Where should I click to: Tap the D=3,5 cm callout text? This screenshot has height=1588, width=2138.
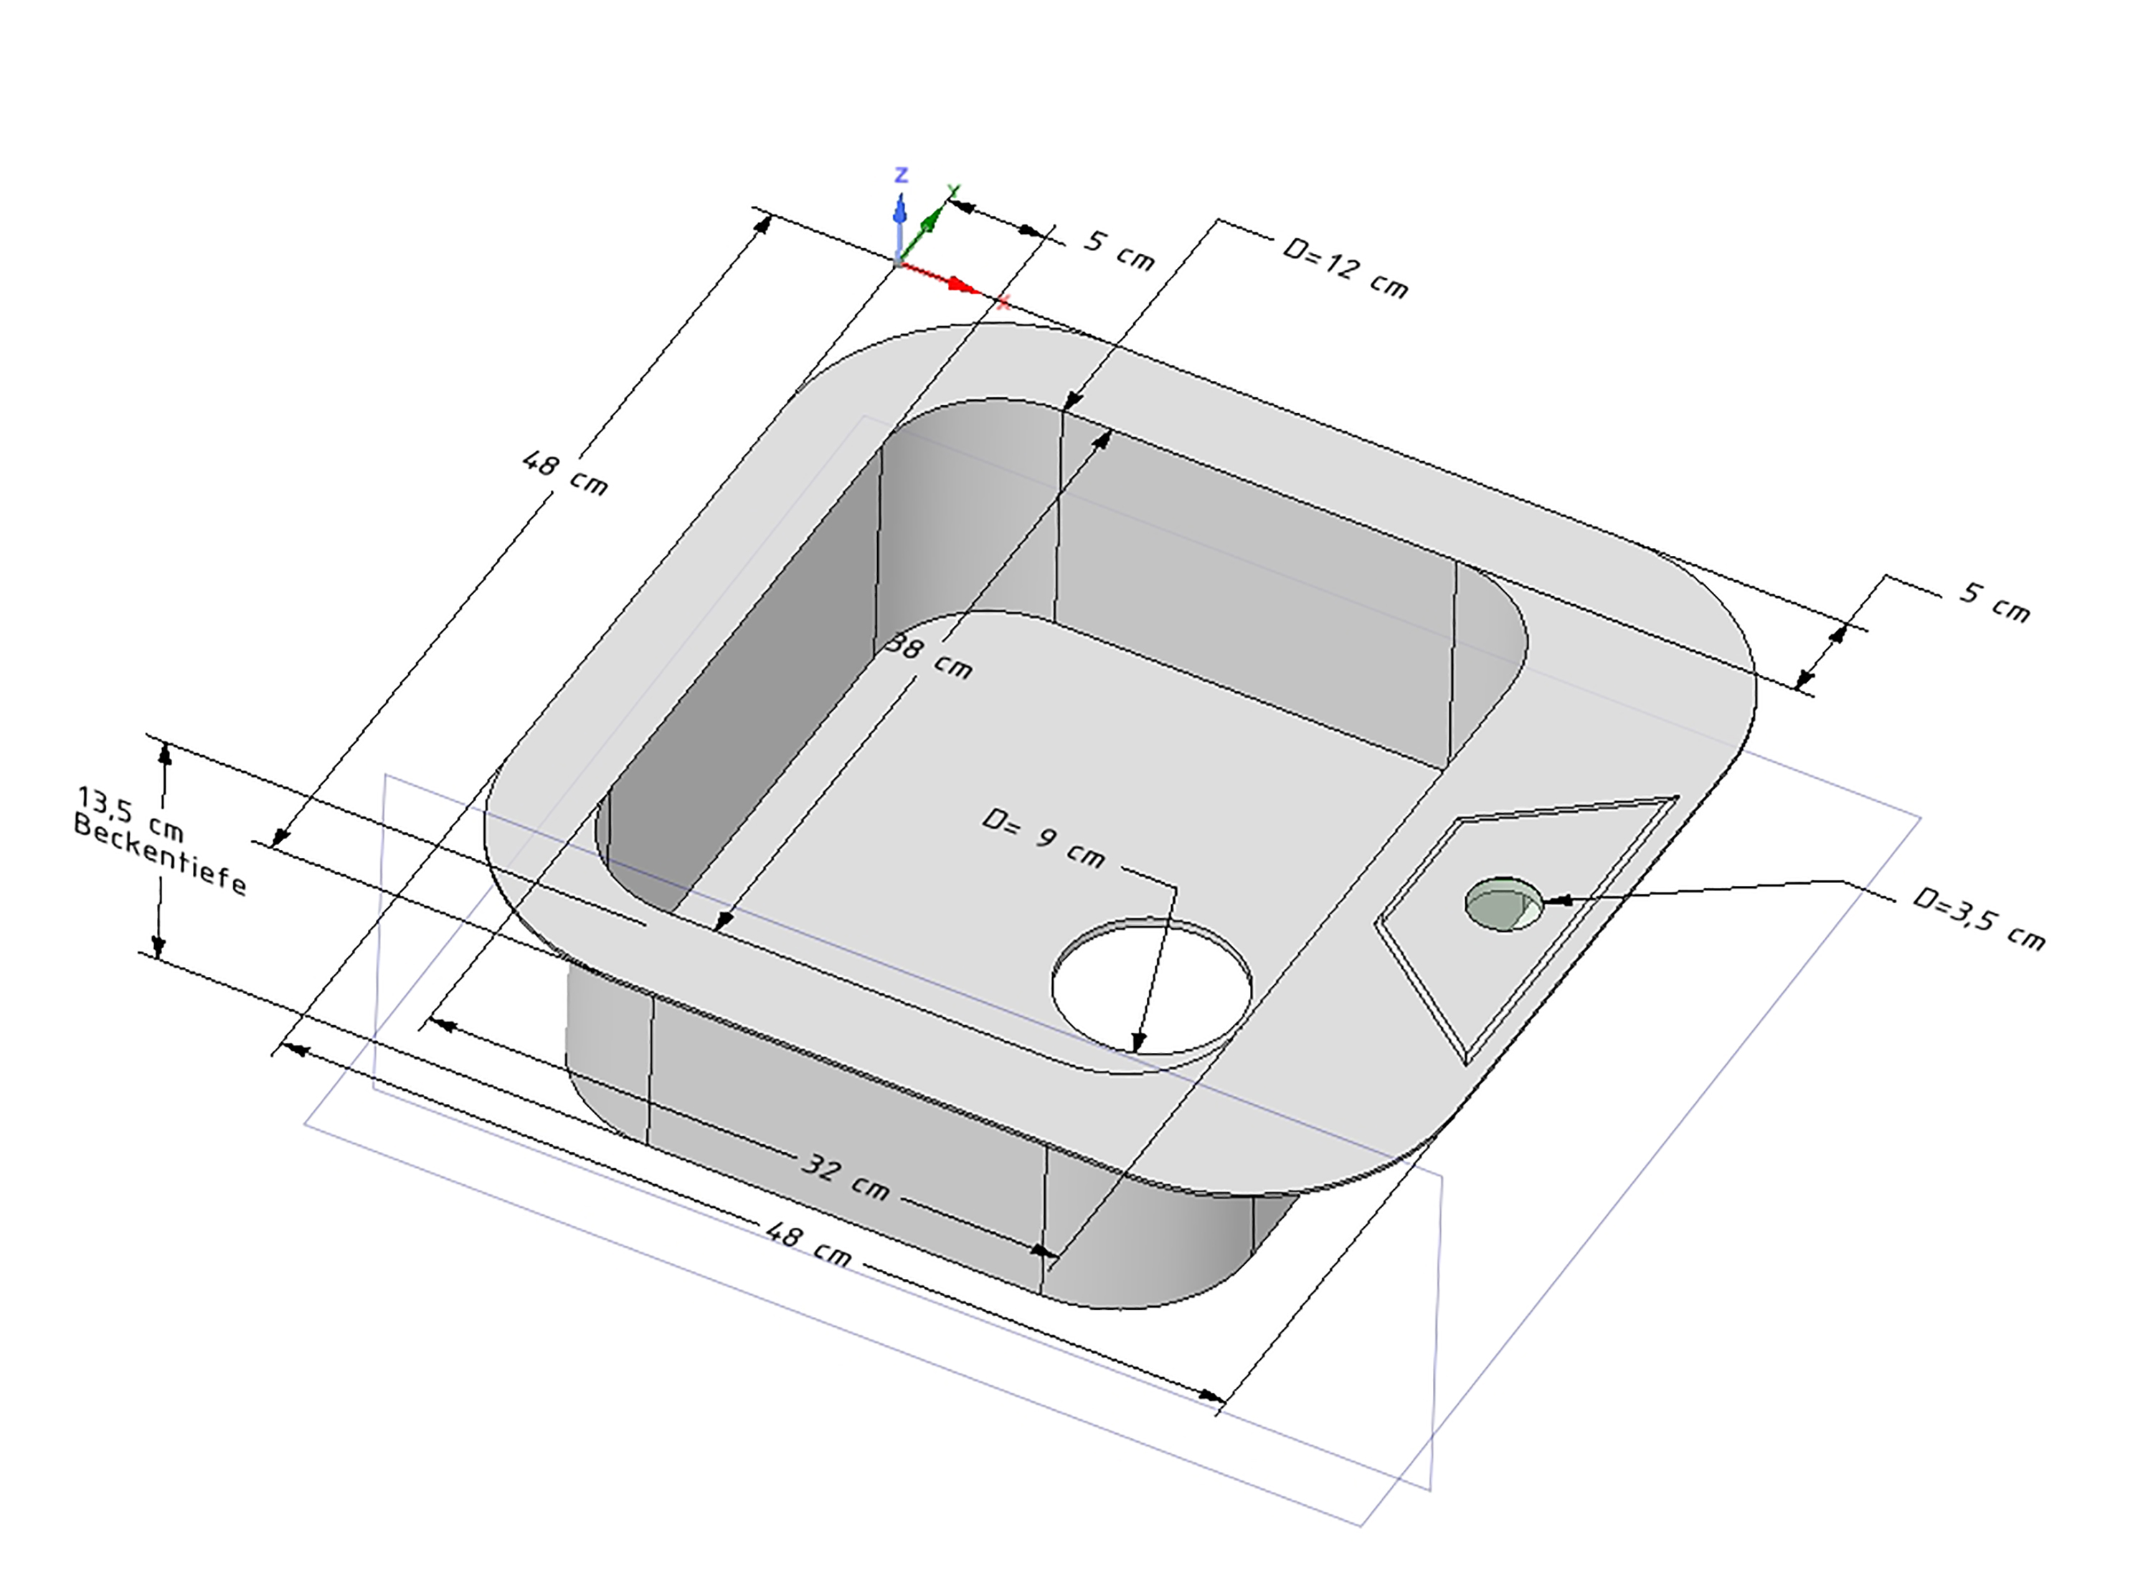[x=1978, y=918]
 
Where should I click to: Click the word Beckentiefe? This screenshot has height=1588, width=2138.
[x=160, y=854]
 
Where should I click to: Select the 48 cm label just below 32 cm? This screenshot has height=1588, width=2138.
[x=808, y=1243]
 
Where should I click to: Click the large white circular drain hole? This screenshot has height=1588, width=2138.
[x=1152, y=987]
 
